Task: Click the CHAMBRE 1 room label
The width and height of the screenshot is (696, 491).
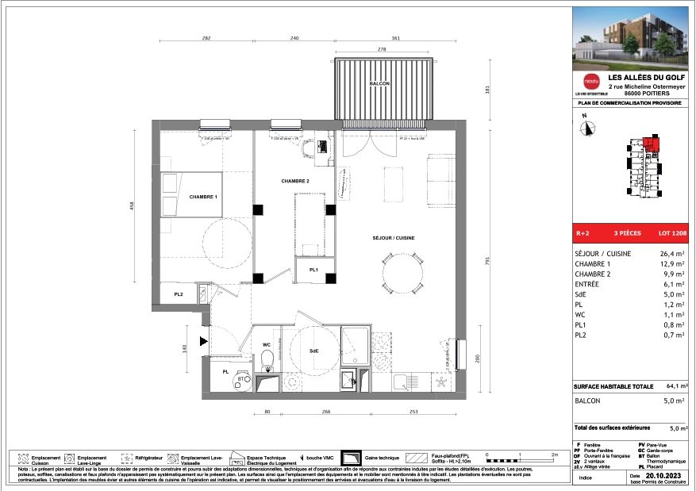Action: point(202,197)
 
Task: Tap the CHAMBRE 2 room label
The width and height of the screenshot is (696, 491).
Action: point(295,182)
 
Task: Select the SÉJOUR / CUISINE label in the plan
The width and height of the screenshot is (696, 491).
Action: point(394,238)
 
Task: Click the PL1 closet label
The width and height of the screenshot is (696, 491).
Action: point(313,270)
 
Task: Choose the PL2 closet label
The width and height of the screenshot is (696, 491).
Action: point(179,294)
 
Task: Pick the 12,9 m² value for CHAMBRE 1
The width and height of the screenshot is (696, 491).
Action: point(671,264)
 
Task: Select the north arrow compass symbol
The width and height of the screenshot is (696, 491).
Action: point(586,129)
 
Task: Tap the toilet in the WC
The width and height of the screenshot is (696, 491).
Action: point(267,362)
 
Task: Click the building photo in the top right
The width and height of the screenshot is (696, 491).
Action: point(629,39)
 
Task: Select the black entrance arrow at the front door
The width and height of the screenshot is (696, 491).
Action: point(205,342)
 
